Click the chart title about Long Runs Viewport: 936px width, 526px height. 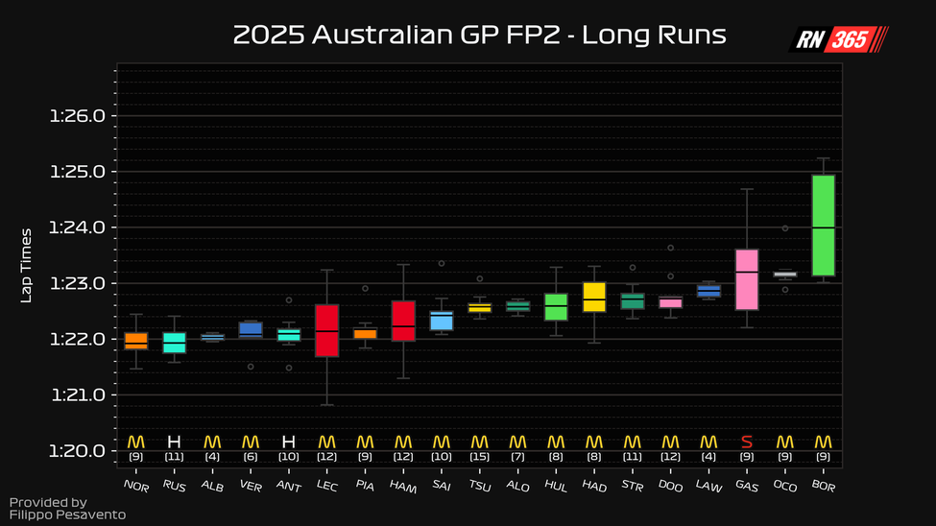click(x=479, y=36)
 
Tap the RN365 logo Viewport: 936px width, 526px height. click(x=839, y=39)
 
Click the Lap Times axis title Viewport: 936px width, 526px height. click(x=27, y=265)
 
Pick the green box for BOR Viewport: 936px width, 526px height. click(x=823, y=226)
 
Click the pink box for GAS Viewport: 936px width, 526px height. click(x=747, y=279)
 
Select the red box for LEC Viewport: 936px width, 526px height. click(x=327, y=330)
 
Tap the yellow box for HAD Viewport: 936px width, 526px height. click(x=594, y=298)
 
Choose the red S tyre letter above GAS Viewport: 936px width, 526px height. click(x=747, y=442)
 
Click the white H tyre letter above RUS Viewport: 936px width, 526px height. click(x=174, y=442)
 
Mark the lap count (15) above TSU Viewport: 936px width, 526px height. click(x=480, y=457)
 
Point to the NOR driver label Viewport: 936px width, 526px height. click(x=135, y=486)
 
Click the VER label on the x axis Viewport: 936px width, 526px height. click(x=250, y=486)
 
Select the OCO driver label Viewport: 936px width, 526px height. click(x=784, y=486)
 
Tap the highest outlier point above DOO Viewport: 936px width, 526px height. click(x=670, y=248)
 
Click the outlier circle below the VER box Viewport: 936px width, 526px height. click(x=251, y=366)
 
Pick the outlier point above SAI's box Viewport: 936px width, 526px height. click(x=442, y=263)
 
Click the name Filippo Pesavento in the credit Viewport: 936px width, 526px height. click(x=54, y=515)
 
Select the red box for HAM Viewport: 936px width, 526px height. click(x=403, y=321)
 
